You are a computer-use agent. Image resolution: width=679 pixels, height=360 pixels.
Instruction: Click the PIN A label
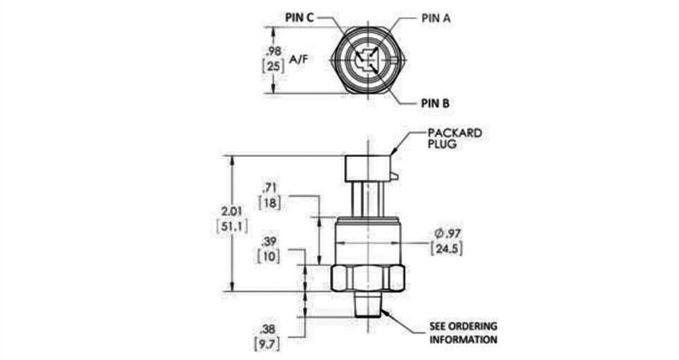click(x=436, y=18)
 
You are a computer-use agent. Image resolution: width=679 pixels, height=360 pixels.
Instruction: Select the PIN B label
click(x=435, y=103)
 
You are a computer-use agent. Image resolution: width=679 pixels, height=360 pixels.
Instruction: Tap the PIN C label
click(x=299, y=18)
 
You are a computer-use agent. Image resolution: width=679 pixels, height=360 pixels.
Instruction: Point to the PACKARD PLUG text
click(x=455, y=138)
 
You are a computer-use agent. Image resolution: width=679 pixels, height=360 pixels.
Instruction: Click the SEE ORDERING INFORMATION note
click(x=463, y=332)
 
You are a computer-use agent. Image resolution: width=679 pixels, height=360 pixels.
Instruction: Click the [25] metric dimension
click(x=274, y=66)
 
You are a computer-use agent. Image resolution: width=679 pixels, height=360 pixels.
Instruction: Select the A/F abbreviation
click(x=298, y=59)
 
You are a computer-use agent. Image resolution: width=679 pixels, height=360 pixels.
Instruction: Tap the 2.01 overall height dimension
click(x=232, y=211)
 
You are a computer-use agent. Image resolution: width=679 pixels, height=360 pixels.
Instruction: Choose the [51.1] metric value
click(x=232, y=226)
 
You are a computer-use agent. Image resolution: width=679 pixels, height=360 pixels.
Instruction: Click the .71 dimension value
click(x=269, y=187)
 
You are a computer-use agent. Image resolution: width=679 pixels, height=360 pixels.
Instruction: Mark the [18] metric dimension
click(x=269, y=203)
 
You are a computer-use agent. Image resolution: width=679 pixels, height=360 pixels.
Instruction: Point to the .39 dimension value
click(x=269, y=241)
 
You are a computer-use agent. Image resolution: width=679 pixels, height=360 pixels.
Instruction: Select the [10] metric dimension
click(x=269, y=257)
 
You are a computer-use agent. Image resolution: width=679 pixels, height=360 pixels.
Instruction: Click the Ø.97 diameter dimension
click(x=448, y=234)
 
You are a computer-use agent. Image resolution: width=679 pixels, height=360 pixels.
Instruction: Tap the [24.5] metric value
click(x=446, y=249)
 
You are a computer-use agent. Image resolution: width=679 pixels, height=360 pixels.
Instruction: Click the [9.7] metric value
click(x=266, y=344)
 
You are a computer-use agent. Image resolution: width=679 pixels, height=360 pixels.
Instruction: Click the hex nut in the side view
click(x=368, y=278)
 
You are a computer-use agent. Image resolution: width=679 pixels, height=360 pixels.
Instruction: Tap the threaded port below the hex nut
click(x=368, y=305)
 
